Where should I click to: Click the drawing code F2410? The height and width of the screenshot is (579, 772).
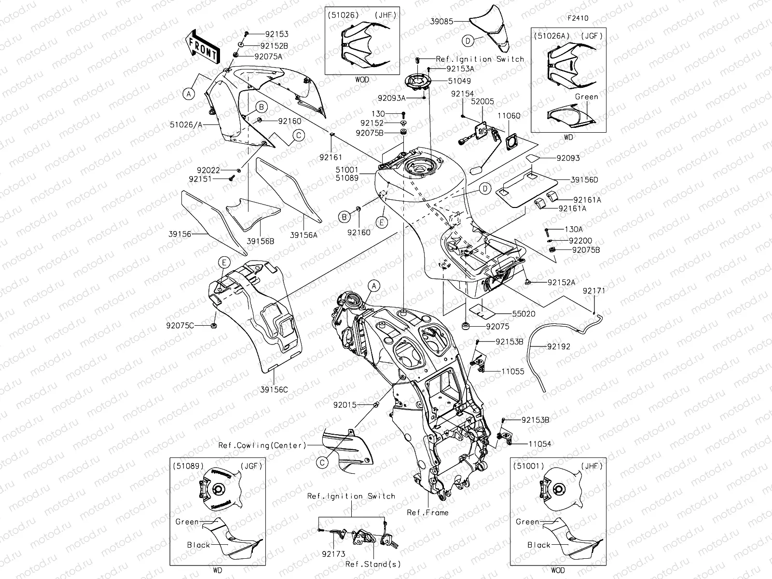pyautogui.click(x=578, y=19)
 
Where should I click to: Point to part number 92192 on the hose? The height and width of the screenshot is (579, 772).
pyautogui.click(x=558, y=346)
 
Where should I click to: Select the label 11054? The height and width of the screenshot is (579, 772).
pyautogui.click(x=539, y=443)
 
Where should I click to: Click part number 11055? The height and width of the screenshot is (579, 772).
pyautogui.click(x=512, y=372)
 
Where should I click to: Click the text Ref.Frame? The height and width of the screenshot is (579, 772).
pyautogui.click(x=427, y=512)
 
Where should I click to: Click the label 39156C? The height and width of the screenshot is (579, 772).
pyautogui.click(x=274, y=389)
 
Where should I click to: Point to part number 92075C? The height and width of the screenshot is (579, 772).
pyautogui.click(x=180, y=326)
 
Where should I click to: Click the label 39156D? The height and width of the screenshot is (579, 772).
pyautogui.click(x=584, y=179)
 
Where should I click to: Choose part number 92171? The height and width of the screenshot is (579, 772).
pyautogui.click(x=593, y=291)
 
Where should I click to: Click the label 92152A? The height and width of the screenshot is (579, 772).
pyautogui.click(x=561, y=283)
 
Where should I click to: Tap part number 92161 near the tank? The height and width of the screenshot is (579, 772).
pyautogui.click(x=330, y=157)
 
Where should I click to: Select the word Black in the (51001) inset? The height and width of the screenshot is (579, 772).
pyautogui.click(x=538, y=545)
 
